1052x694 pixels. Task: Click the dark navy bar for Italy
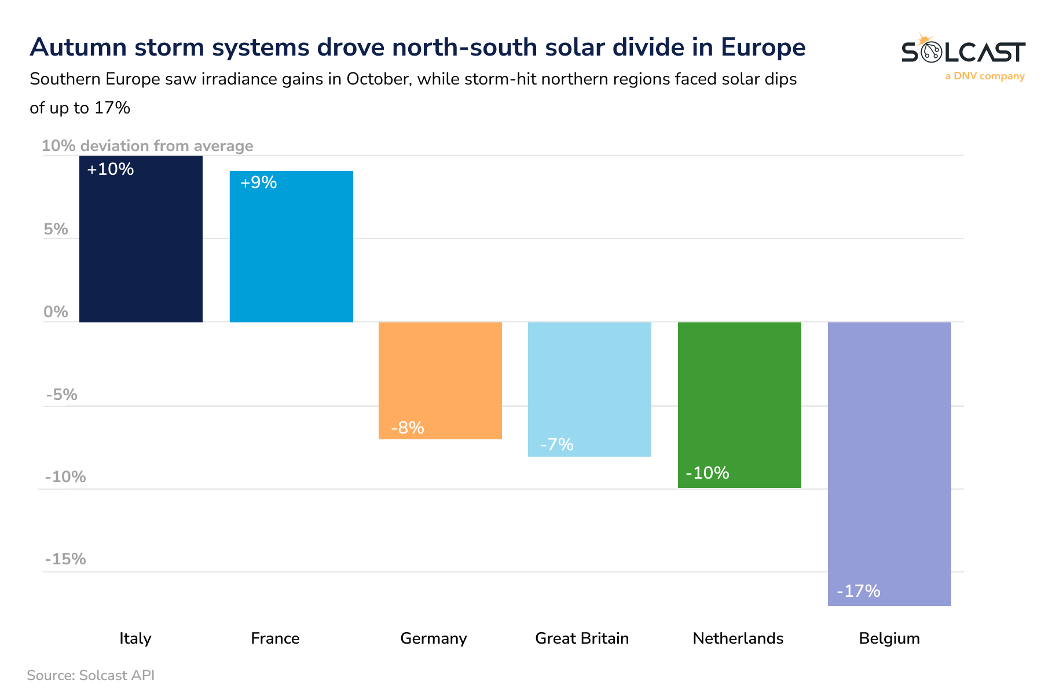141,243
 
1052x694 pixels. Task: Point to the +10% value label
110,170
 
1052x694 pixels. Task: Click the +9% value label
258,183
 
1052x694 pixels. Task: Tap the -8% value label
408,428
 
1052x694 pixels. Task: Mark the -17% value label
859,591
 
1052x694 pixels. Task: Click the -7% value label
556,445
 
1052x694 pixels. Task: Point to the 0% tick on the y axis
56,312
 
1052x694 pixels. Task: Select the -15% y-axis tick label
65,559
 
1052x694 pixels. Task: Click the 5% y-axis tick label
56,229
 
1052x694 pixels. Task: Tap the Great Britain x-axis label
582,638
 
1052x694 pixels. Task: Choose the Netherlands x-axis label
738,638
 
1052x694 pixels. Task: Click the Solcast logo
963,52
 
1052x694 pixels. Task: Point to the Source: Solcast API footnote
91,675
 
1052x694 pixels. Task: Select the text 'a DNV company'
985,76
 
